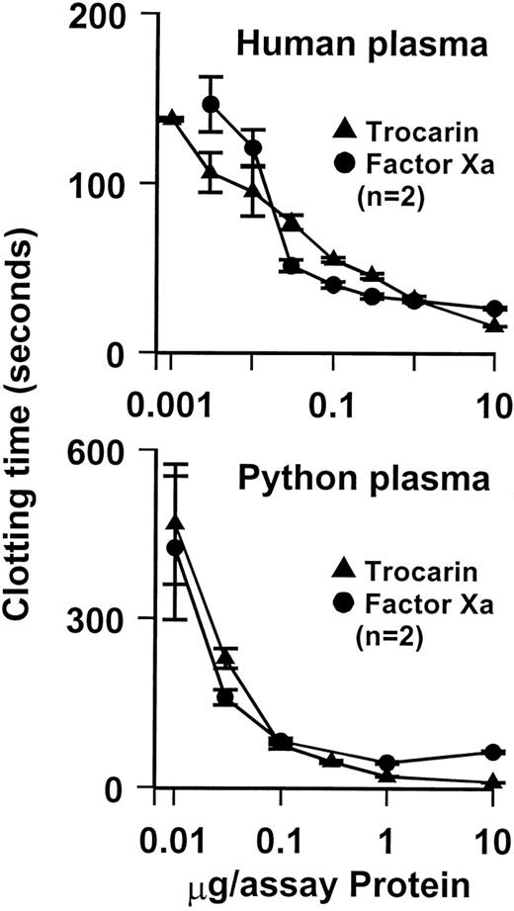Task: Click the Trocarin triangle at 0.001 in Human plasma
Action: (172, 118)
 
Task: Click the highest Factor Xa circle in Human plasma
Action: (211, 104)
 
